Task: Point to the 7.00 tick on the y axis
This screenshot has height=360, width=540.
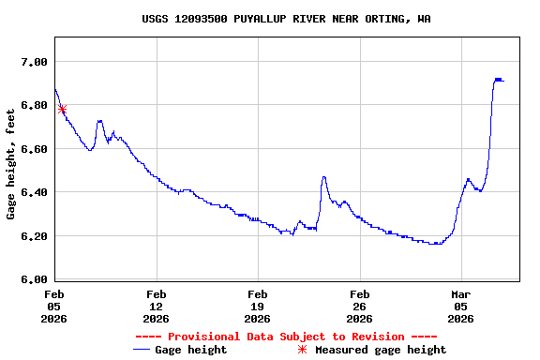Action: coord(33,62)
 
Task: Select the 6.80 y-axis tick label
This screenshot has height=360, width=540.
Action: coord(33,105)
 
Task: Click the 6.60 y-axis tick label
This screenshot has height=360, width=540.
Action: coord(33,149)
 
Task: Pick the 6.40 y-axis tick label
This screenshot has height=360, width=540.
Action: coord(33,192)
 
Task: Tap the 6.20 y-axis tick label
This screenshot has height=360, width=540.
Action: coord(33,236)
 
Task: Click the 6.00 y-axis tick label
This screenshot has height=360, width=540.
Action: coord(33,279)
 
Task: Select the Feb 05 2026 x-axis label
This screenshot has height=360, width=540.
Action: coord(54,306)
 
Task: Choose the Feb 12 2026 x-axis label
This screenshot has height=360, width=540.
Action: coord(156,306)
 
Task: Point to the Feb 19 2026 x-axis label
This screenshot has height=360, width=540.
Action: coord(258,306)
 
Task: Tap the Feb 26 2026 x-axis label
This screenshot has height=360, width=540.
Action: coord(359,306)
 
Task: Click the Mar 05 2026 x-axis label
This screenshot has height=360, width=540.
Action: coord(460,306)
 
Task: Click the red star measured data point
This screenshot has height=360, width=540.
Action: coord(62,110)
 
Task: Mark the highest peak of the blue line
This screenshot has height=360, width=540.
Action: coord(498,80)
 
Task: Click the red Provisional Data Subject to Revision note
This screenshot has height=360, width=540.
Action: coord(286,337)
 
